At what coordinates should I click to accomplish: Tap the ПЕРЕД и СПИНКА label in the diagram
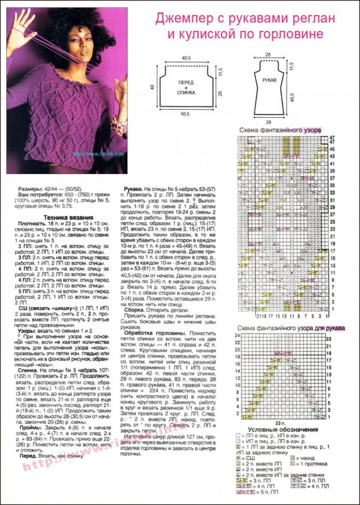tap(186, 88)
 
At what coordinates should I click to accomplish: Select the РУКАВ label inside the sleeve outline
tap(269, 81)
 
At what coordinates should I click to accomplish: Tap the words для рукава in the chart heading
tap(329, 328)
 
